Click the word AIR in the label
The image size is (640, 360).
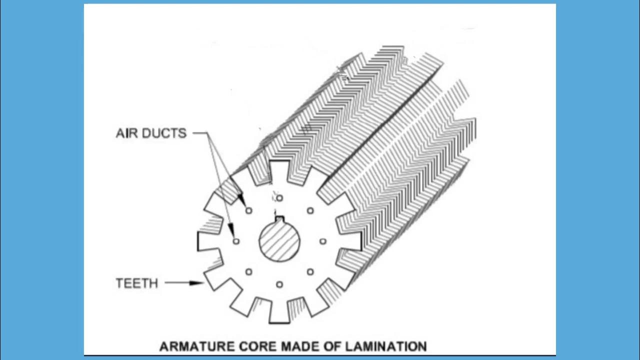click(127, 133)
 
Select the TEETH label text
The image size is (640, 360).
click(136, 283)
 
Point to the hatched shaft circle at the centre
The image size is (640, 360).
click(279, 242)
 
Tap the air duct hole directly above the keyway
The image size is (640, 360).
click(279, 198)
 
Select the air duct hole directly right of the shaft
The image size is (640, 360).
click(322, 241)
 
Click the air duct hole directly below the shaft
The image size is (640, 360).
click(279, 284)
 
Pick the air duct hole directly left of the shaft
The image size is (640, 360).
click(236, 241)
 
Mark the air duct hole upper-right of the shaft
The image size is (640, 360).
click(310, 210)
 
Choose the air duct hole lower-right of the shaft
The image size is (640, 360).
click(310, 272)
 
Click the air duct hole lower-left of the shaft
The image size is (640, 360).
click(248, 272)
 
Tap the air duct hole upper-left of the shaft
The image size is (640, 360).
click(248, 211)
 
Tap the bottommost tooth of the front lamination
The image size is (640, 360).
click(279, 314)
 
